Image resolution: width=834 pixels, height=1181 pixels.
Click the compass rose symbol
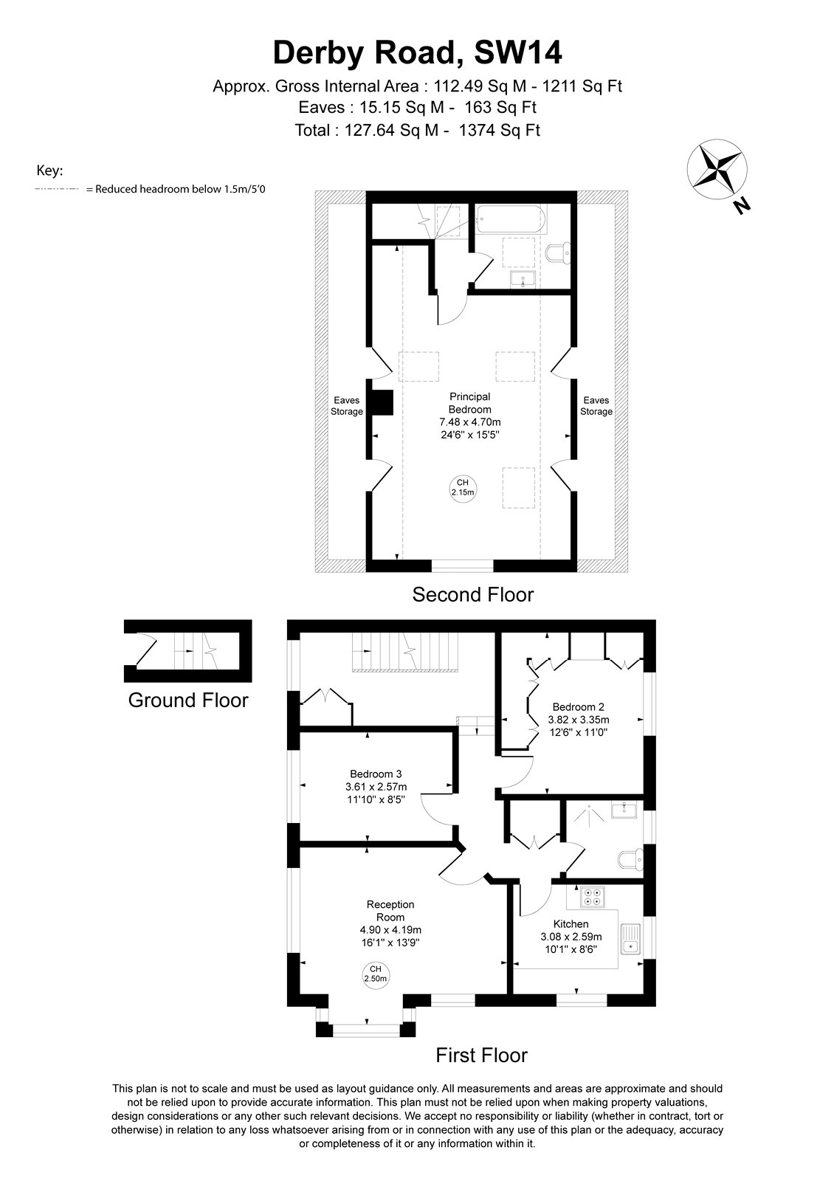click(716, 168)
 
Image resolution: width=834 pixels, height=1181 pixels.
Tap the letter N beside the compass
click(742, 205)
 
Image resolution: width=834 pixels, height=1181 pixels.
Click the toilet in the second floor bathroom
click(560, 254)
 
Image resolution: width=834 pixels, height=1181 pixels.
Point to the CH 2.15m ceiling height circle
click(462, 487)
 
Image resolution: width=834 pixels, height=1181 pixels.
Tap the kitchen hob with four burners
click(591, 897)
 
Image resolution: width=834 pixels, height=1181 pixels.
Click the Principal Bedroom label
click(469, 403)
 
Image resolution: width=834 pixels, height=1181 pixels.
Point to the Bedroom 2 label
click(579, 707)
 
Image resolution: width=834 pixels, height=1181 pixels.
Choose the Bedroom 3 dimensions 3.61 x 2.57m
click(376, 787)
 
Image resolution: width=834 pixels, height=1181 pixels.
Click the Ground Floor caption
click(188, 700)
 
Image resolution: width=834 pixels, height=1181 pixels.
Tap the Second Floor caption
click(473, 595)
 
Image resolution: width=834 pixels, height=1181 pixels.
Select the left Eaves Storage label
click(346, 406)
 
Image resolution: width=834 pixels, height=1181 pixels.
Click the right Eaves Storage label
click(596, 406)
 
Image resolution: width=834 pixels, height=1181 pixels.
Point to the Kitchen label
click(571, 923)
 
